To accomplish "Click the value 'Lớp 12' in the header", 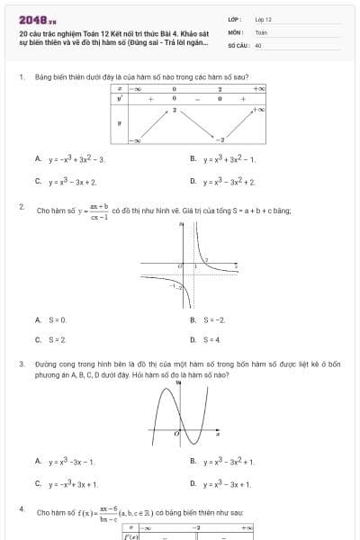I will point(263,19).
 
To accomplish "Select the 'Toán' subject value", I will point(261,31).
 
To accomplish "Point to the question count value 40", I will point(258,44).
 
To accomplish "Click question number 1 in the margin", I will point(21,77).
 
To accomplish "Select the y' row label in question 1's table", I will point(120,98).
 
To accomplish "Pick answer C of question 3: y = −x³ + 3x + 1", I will point(73,483).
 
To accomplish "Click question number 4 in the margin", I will point(21,509).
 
